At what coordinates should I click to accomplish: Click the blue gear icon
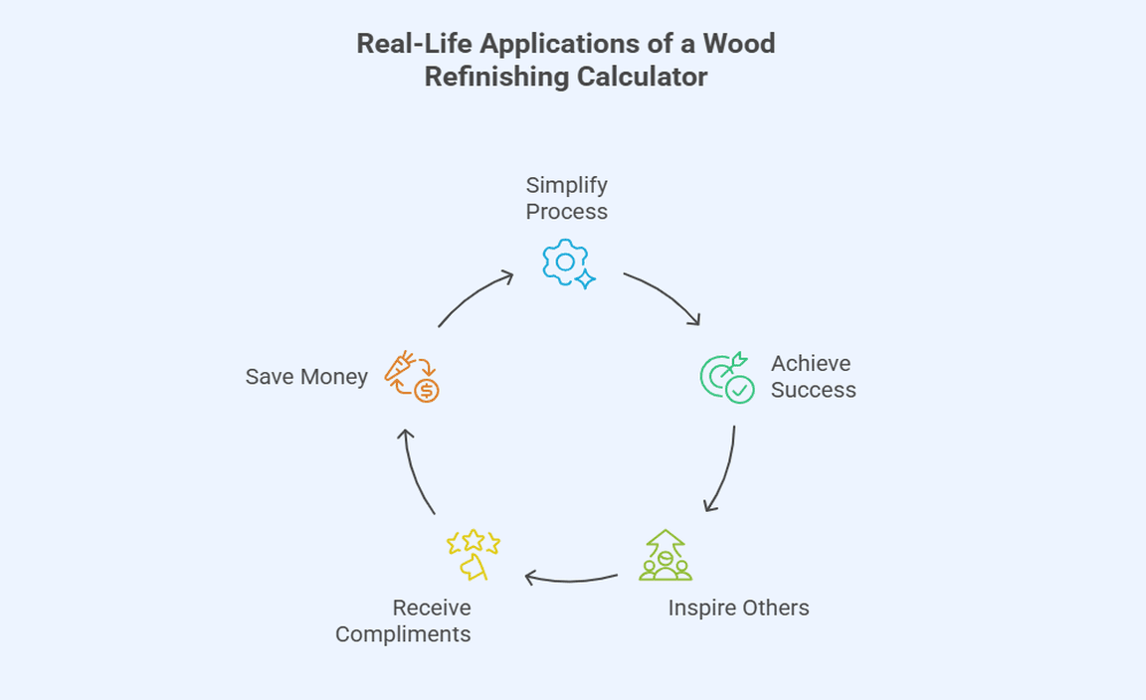pos(565,262)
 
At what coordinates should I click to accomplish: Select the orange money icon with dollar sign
pos(412,376)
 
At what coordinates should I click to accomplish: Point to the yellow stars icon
pos(473,554)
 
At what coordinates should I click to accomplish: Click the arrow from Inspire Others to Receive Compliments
pos(570,578)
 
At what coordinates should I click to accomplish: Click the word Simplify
pos(566,185)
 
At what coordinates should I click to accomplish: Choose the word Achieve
pos(811,363)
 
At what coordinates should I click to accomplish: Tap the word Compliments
pos(403,634)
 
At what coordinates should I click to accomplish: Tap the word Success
pos(813,390)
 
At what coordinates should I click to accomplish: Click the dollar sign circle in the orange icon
pos(427,390)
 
